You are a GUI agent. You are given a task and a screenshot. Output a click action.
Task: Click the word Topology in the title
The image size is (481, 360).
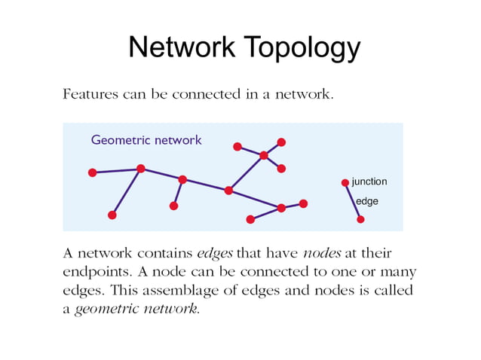pyautogui.click(x=300, y=48)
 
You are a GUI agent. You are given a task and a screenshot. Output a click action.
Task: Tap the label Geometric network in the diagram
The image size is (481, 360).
pyautogui.click(x=146, y=140)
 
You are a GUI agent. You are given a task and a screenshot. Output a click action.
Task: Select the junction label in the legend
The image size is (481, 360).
pyautogui.click(x=369, y=182)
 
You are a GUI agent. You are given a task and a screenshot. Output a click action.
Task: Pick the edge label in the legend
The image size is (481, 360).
pyautogui.click(x=366, y=201)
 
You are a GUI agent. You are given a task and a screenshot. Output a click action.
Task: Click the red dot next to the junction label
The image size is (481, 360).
pyautogui.click(x=345, y=182)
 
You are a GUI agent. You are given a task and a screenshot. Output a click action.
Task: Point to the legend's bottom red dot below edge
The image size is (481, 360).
pyautogui.click(x=360, y=219)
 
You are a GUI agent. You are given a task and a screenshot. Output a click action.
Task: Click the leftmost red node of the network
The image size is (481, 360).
pyautogui.click(x=92, y=172)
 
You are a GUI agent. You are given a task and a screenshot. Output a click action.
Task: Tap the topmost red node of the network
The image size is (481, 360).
pyautogui.click(x=281, y=142)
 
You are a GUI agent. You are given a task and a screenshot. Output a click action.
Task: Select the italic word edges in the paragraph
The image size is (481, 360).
pyautogui.click(x=214, y=253)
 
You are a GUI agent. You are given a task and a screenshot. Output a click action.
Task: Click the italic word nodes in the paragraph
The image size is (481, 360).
pyautogui.click(x=322, y=253)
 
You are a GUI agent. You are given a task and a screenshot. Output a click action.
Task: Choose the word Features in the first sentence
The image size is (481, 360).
pyautogui.click(x=89, y=96)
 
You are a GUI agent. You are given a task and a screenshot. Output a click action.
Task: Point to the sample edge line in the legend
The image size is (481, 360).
pyautogui.click(x=352, y=200)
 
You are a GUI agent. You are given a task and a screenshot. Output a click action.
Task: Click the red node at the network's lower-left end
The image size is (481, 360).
pyautogui.click(x=112, y=215)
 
